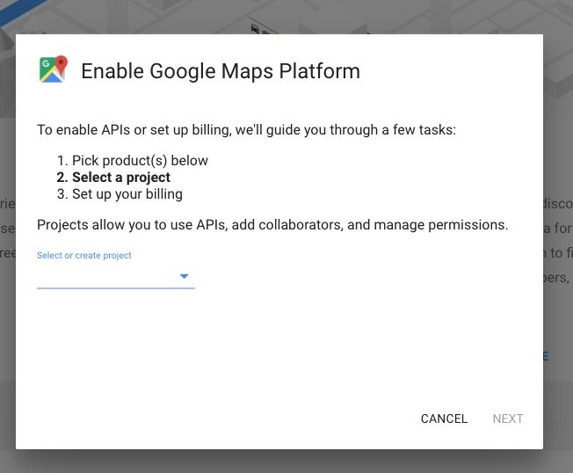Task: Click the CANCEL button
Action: (444, 418)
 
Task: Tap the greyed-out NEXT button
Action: (508, 418)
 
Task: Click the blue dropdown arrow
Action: (185, 276)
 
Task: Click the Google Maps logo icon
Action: (54, 69)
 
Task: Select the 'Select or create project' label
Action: (84, 255)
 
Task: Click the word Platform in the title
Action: (319, 71)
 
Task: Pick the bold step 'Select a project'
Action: (113, 178)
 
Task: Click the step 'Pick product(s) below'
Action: (133, 161)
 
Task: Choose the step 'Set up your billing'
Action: (120, 194)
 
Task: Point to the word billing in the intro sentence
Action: (212, 130)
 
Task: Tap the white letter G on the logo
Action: (46, 63)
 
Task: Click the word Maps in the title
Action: (247, 71)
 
